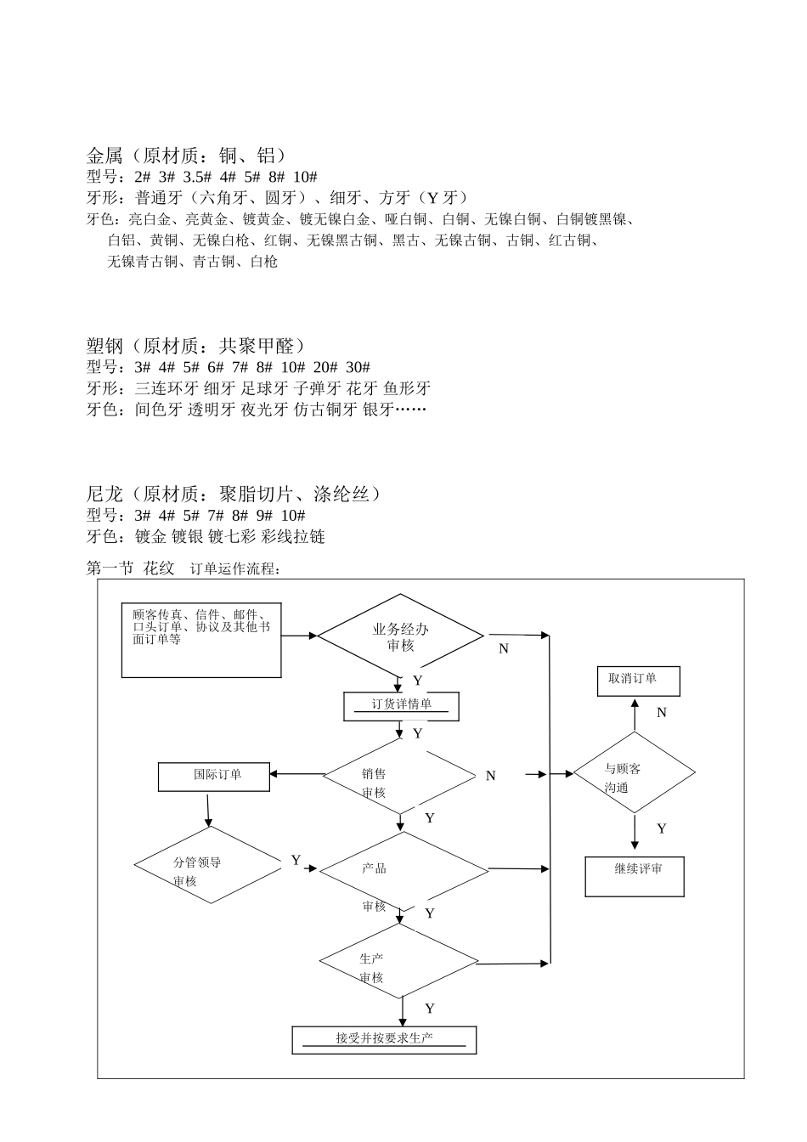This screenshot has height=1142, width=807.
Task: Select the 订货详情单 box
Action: (x=401, y=706)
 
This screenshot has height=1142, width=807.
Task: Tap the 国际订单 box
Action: (x=213, y=776)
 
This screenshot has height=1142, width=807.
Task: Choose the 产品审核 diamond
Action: (x=403, y=870)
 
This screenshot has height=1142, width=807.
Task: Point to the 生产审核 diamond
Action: (x=399, y=961)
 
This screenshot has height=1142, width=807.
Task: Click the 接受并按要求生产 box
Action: (x=384, y=1039)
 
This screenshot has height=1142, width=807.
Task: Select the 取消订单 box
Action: (x=638, y=681)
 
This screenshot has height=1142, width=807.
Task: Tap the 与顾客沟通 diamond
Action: (x=634, y=773)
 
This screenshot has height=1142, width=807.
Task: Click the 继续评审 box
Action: (x=635, y=875)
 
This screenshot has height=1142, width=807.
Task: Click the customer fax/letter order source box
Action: (x=201, y=641)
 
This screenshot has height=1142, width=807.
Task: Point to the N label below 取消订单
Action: (x=662, y=713)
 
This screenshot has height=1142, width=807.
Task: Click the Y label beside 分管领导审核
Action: (x=296, y=860)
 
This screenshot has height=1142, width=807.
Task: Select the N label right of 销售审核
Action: (x=490, y=776)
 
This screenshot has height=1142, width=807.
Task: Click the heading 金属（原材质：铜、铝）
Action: (x=187, y=155)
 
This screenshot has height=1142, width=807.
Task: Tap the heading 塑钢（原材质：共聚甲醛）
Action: (x=196, y=346)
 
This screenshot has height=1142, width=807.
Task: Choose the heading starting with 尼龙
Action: (x=234, y=494)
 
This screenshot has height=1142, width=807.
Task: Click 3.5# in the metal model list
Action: (x=196, y=177)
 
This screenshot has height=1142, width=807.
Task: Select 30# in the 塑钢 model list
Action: (x=358, y=367)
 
